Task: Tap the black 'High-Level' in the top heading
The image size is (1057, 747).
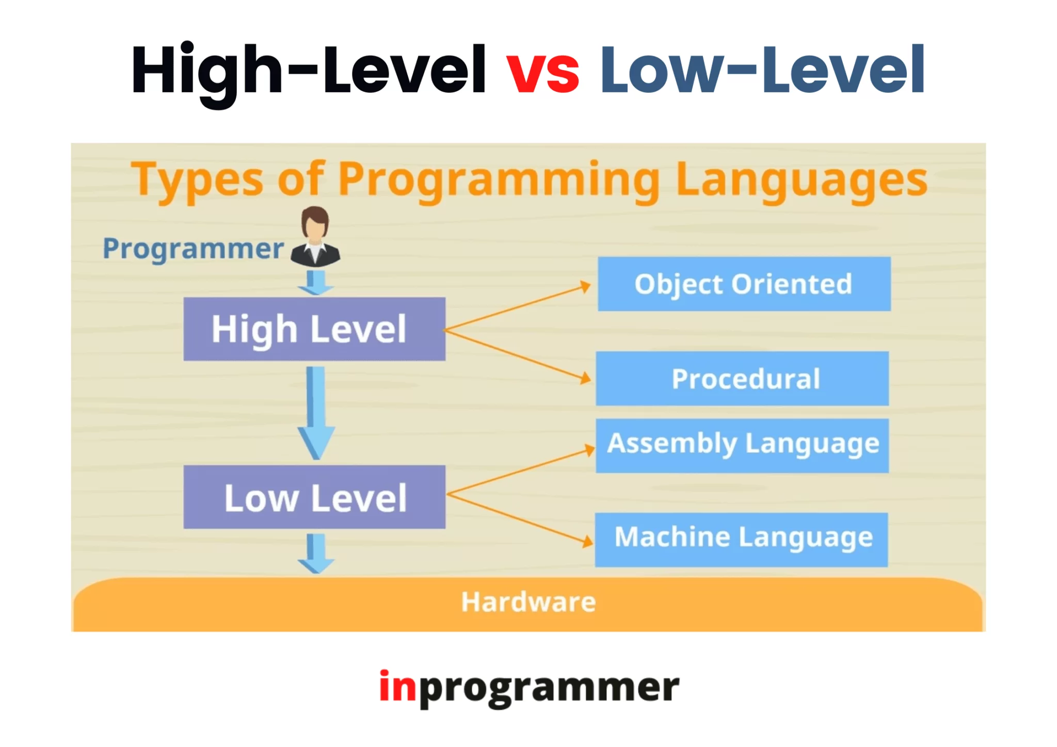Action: (308, 70)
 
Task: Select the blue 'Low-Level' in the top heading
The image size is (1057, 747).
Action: (762, 70)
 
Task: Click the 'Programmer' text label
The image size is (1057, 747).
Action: (193, 249)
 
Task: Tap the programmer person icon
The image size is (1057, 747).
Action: (315, 237)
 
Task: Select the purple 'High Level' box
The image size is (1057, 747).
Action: (314, 329)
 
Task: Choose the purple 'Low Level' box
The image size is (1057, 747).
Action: (314, 497)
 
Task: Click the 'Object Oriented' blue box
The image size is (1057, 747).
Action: (744, 284)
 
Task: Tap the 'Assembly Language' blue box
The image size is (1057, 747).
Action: (742, 445)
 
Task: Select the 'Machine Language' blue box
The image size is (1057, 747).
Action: (742, 539)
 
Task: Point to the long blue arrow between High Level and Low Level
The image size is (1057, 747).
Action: (316, 413)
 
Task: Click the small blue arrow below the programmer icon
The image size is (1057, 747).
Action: (316, 283)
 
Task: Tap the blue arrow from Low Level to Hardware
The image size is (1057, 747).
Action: (316, 554)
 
